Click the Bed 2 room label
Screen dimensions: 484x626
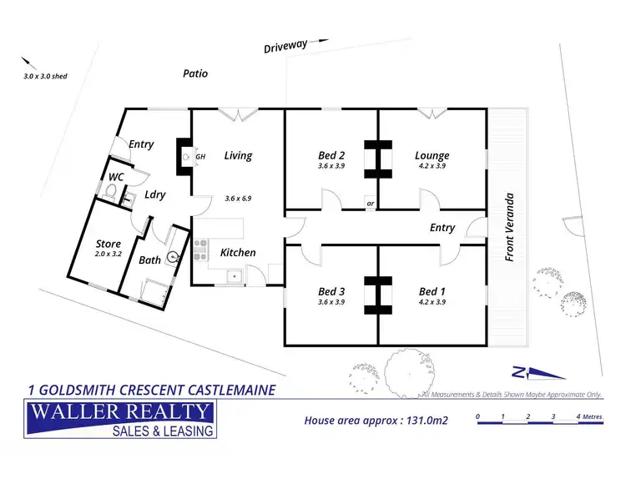pyautogui.click(x=331, y=155)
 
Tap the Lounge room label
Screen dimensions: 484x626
pyautogui.click(x=432, y=155)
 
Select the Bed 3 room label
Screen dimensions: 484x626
pyautogui.click(x=331, y=291)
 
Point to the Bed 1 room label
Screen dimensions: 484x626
pyautogui.click(x=432, y=291)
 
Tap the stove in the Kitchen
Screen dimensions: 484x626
pyautogui.click(x=200, y=249)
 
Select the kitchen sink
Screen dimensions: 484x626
pyautogui.click(x=235, y=275)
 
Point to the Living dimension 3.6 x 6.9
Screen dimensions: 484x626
pyautogui.click(x=238, y=199)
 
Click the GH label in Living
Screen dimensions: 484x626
pyautogui.click(x=200, y=157)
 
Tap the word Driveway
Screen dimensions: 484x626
pyautogui.click(x=286, y=48)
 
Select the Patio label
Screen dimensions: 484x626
pyautogui.click(x=195, y=73)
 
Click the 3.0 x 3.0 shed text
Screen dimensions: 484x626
pyautogui.click(x=45, y=76)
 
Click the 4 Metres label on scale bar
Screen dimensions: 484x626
pyautogui.click(x=590, y=415)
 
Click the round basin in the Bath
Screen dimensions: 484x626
pyautogui.click(x=173, y=258)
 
